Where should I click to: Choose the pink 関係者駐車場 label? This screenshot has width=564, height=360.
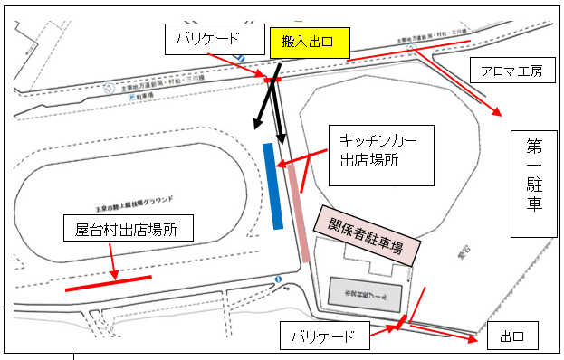point(368,232)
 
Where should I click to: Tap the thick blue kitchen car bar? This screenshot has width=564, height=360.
point(271,185)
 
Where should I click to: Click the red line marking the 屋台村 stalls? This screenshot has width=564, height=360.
point(109,284)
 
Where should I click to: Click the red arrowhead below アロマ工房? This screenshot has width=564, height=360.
point(498,113)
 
